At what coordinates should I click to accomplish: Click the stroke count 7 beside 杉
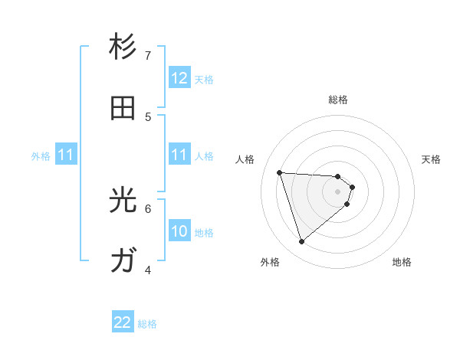(148, 55)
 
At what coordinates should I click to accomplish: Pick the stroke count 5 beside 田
(148, 116)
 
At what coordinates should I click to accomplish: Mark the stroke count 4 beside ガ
(148, 270)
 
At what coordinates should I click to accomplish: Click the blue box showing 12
(179, 78)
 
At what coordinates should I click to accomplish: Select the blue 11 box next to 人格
(179, 155)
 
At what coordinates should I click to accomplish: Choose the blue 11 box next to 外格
(66, 155)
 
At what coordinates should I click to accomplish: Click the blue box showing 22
(123, 322)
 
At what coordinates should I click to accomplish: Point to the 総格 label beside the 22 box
(147, 324)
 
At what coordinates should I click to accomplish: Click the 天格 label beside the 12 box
(204, 79)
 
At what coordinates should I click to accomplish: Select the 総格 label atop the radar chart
(338, 100)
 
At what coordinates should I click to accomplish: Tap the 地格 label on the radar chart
(402, 262)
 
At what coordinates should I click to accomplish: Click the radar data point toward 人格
(280, 172)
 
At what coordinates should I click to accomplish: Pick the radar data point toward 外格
(301, 242)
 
